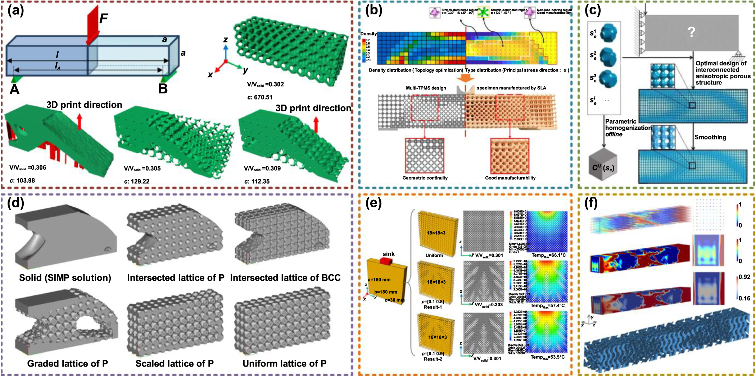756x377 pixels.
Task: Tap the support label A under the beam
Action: [x=14, y=89]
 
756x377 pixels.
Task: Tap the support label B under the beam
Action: [x=163, y=88]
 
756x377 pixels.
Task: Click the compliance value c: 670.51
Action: [x=260, y=97]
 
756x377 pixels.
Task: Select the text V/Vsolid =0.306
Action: [x=28, y=167]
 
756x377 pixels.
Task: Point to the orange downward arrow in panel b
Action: [x=465, y=78]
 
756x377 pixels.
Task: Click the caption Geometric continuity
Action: [x=425, y=178]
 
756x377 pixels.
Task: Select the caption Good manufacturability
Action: [x=510, y=178]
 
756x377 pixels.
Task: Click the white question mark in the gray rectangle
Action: [x=691, y=32]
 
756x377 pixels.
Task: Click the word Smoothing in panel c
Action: [x=710, y=137]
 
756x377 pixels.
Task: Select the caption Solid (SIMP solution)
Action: [x=65, y=278]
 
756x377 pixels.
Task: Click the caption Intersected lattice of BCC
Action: [x=285, y=278]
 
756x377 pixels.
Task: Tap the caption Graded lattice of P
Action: [x=68, y=364]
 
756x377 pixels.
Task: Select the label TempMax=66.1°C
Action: [x=549, y=256]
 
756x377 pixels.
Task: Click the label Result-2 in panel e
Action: [x=433, y=359]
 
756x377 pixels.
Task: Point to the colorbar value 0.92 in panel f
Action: [x=744, y=277]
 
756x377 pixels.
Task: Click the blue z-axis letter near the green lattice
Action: [x=225, y=40]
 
